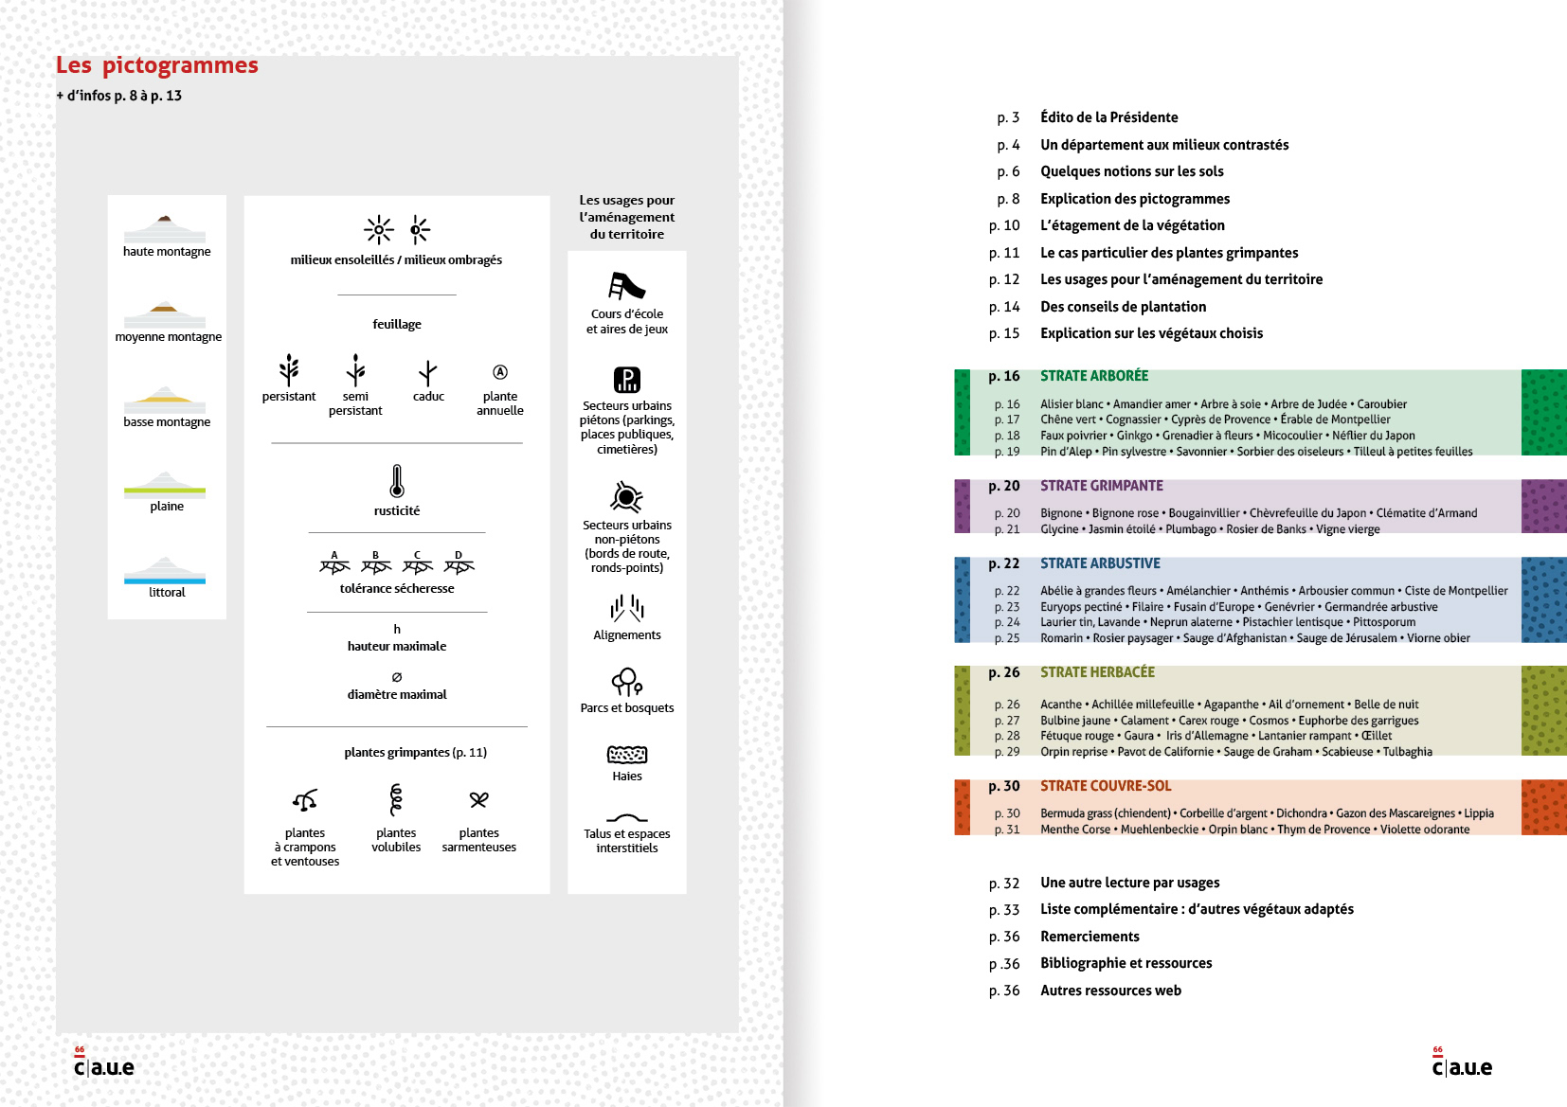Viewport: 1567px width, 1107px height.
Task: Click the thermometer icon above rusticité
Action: [397, 481]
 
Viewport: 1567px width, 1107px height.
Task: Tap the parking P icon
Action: [626, 380]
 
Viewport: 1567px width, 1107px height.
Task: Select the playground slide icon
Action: [626, 285]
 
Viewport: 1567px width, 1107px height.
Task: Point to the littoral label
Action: [167, 593]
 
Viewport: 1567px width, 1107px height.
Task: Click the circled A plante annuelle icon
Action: [500, 372]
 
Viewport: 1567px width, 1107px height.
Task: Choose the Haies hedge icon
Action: [626, 755]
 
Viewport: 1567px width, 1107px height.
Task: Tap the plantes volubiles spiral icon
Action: [396, 799]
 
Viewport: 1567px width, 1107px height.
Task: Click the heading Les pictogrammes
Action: [157, 65]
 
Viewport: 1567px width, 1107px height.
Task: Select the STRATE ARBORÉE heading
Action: [1094, 376]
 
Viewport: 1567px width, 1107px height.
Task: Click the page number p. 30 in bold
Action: [1003, 786]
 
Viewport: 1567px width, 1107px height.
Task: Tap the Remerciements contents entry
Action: [1090, 937]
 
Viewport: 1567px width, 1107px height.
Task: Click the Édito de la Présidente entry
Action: [1108, 117]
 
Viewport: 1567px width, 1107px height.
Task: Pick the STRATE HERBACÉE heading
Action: [1097, 672]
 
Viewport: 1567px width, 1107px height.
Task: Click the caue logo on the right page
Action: [1462, 1065]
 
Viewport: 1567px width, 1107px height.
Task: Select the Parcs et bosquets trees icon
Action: [626, 681]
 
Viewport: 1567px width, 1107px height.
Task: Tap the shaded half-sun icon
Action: [419, 229]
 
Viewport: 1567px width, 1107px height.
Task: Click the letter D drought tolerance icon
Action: [459, 563]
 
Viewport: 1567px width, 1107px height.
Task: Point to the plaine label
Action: [167, 507]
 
